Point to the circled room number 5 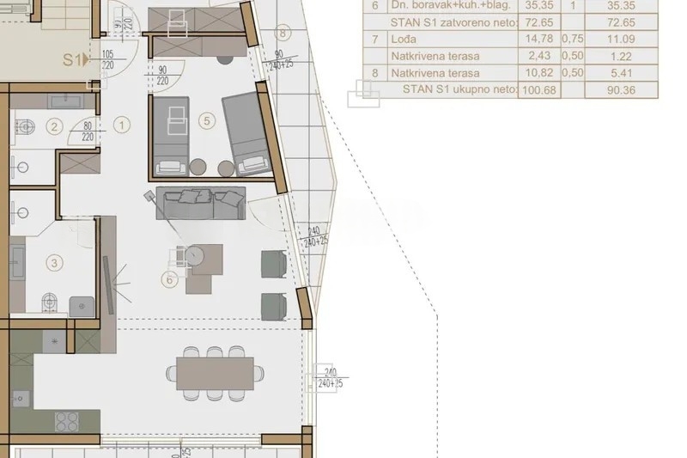point(205,121)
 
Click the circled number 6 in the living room point(170,278)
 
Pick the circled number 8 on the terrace point(285,34)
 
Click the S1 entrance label point(75,60)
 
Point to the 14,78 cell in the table point(537,39)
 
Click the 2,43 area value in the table point(537,56)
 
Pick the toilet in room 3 point(51,301)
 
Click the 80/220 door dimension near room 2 point(87,130)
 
